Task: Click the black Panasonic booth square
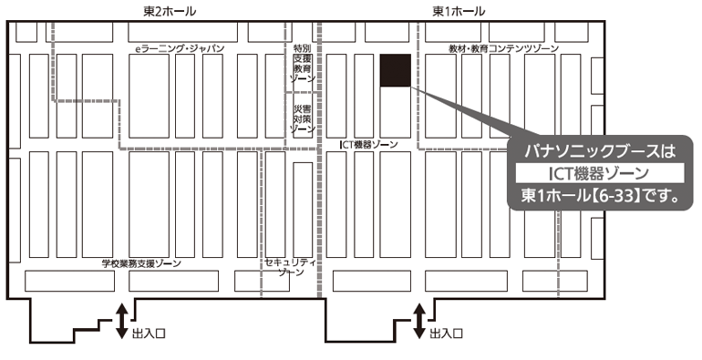(x=396, y=70)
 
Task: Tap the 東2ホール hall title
(x=170, y=12)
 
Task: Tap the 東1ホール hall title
(x=459, y=12)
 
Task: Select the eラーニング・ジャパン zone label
(x=180, y=48)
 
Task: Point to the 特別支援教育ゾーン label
(x=303, y=63)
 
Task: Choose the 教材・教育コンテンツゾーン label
(x=503, y=48)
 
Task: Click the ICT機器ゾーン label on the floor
(x=368, y=144)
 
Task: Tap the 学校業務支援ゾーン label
(x=141, y=263)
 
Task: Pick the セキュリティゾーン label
(x=291, y=267)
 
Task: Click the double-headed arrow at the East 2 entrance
(x=122, y=321)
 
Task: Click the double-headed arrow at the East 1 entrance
(x=419, y=321)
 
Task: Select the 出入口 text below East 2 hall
(x=150, y=334)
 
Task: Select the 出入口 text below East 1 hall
(x=447, y=334)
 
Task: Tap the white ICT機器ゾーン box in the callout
(x=600, y=173)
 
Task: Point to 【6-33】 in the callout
(x=615, y=196)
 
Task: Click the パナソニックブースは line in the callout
(x=600, y=151)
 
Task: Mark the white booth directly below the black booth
(x=396, y=112)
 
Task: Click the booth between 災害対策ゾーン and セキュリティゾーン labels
(x=303, y=210)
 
